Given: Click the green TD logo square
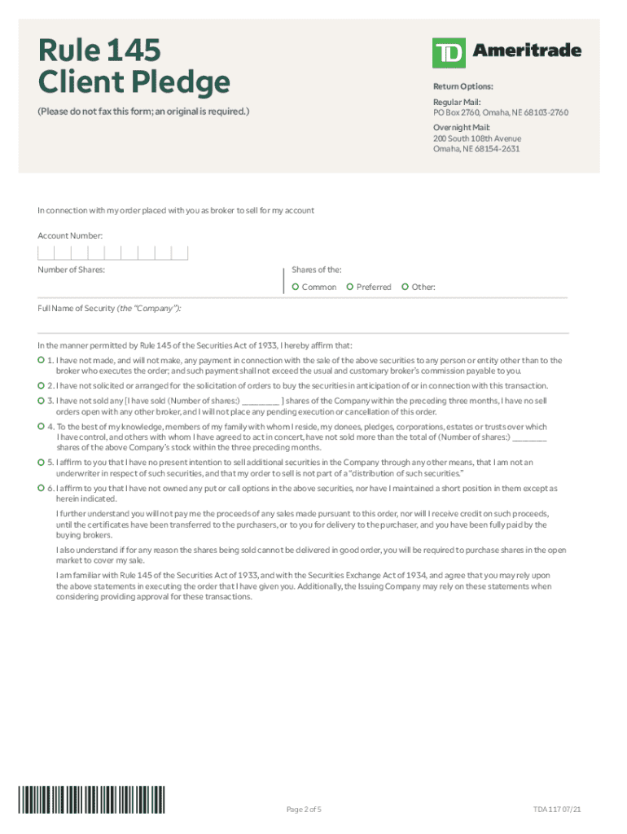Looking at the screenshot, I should (x=449, y=52).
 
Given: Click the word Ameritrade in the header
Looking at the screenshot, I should (x=527, y=50).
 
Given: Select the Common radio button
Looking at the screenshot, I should (x=296, y=287).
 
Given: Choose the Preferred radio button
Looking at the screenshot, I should (x=350, y=287).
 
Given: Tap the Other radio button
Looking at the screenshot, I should (x=405, y=287).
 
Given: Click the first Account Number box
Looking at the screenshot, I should (x=46, y=252).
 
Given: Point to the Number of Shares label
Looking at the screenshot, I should (x=71, y=269).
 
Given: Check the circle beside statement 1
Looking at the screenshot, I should (x=42, y=359).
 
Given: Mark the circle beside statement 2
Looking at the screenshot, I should (x=42, y=384).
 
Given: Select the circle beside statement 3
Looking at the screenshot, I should (x=42, y=401).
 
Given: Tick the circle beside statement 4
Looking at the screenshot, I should (x=42, y=426).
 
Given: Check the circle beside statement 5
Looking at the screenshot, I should (x=42, y=462).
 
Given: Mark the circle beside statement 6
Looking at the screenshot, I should (x=42, y=488).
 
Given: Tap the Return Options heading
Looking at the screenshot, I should (x=463, y=86).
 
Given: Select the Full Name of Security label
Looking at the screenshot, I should (x=109, y=309).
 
